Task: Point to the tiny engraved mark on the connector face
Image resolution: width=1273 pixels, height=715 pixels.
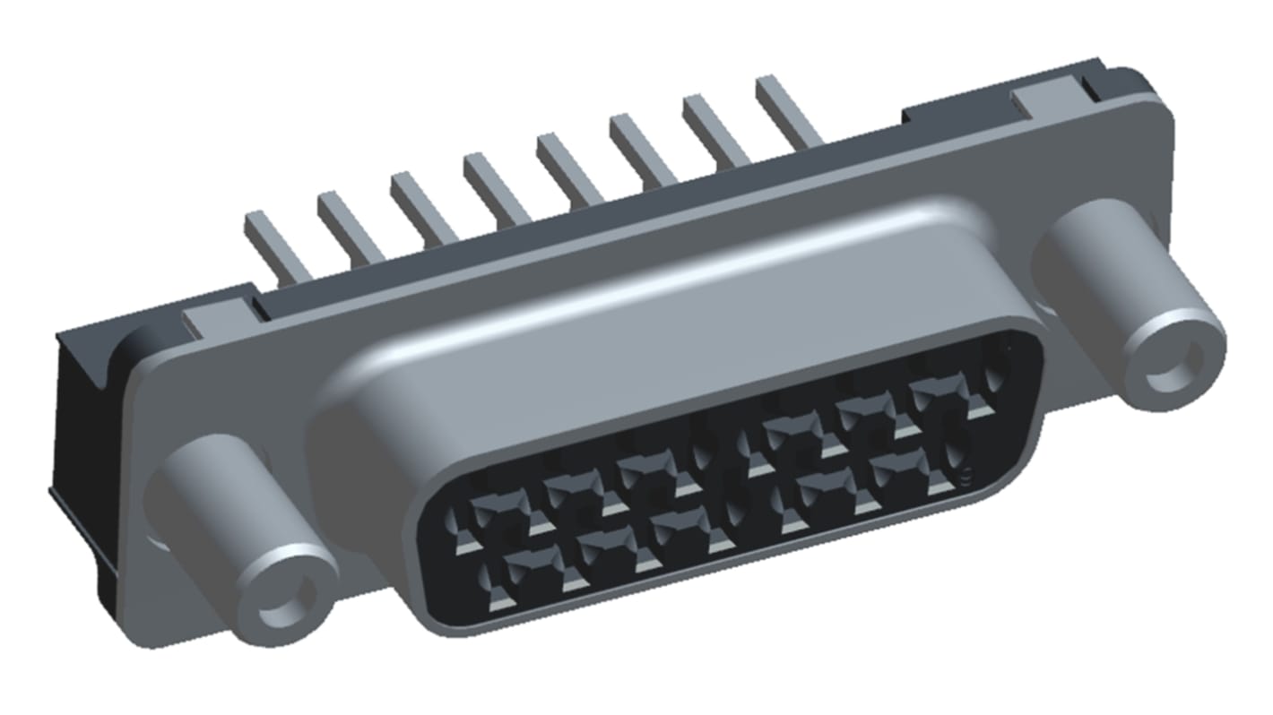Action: click(966, 476)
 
